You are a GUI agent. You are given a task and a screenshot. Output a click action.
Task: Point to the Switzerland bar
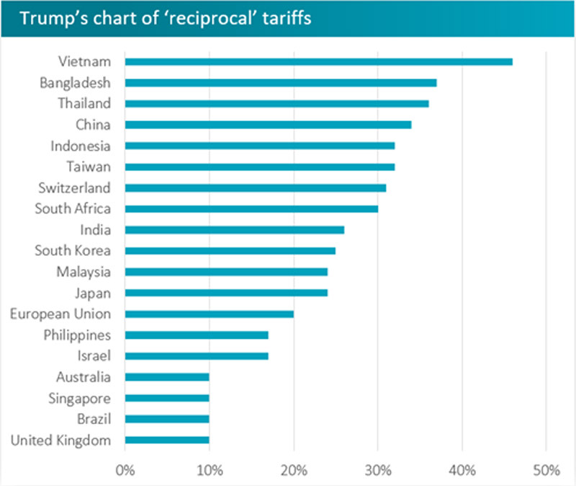coord(256,188)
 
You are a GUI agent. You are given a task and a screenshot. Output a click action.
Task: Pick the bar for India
coord(235,230)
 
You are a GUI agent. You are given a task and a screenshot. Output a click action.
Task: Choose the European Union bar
coord(210,314)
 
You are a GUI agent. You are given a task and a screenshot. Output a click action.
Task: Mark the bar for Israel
coord(197,355)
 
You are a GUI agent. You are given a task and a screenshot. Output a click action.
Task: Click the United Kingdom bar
coord(167,440)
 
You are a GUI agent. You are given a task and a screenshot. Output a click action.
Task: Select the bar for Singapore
coord(167,398)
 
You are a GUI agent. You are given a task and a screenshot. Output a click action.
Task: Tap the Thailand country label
coord(84,103)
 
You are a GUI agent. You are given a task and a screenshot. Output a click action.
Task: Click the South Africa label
coord(73,209)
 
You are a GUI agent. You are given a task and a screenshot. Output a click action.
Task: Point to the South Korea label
coord(73,251)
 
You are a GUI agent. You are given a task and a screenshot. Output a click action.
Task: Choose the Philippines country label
coord(78,335)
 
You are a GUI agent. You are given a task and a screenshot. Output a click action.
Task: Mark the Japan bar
coord(226,293)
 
